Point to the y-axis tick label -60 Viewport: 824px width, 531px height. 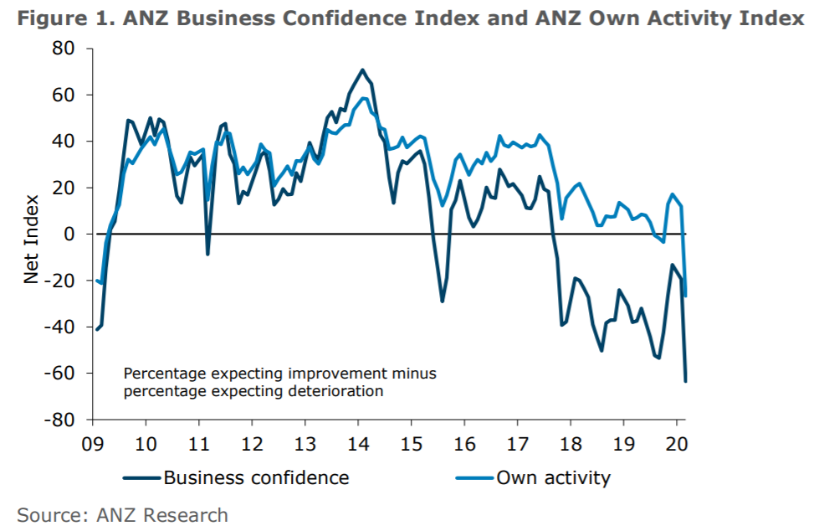click(x=64, y=373)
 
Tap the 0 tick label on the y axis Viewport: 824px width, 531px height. click(x=72, y=235)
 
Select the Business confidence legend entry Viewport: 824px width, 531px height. click(x=237, y=478)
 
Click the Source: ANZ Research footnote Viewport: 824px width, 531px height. click(x=122, y=514)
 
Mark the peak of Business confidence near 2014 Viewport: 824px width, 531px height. click(x=362, y=70)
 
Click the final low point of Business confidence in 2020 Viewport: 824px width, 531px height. click(x=686, y=382)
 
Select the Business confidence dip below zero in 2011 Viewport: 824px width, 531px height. click(x=207, y=254)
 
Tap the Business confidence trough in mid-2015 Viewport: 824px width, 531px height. click(x=442, y=302)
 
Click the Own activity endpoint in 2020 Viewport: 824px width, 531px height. click(x=686, y=296)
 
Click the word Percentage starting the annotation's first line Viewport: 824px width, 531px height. click(x=158, y=373)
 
